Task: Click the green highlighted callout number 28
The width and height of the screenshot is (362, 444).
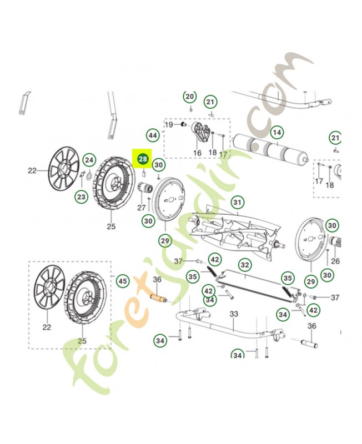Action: coord(143,159)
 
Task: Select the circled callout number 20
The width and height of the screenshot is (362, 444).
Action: coord(190,97)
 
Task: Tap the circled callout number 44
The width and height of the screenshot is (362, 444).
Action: coord(153,135)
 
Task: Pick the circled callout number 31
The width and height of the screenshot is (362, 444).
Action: coord(238,201)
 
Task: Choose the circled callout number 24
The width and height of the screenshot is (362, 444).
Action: coord(89,160)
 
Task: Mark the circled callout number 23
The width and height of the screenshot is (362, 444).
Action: coord(82,197)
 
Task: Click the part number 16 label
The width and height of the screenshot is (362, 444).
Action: coord(197,153)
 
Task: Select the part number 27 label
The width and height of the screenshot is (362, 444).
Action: coord(142,208)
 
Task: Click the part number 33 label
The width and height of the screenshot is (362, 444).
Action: coord(234,314)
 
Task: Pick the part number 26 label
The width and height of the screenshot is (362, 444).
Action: coord(335,260)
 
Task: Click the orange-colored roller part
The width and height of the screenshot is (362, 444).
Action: coord(157,297)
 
